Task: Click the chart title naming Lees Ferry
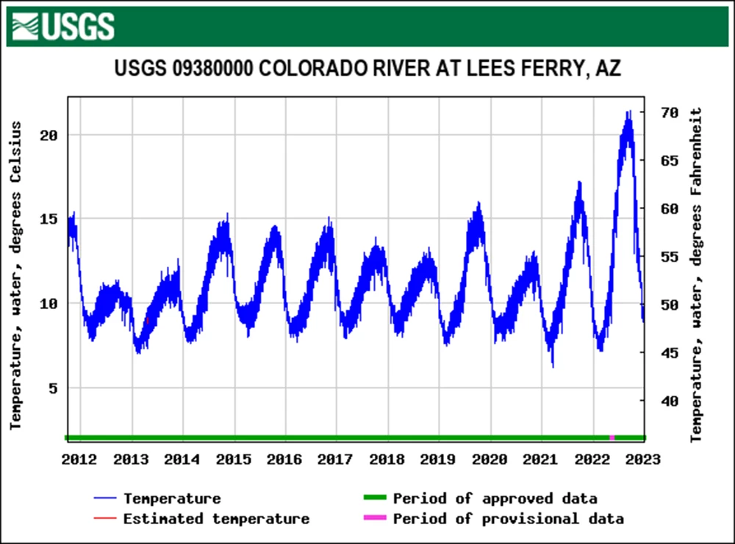367,69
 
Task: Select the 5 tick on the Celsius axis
54,388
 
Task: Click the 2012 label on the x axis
79,460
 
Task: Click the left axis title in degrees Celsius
16,275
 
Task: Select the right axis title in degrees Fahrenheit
697,275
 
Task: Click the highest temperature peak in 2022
628,112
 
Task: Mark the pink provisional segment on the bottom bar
612,438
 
